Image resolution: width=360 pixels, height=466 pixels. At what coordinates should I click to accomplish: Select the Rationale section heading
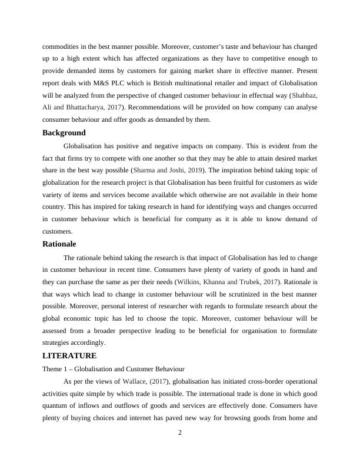[59, 244]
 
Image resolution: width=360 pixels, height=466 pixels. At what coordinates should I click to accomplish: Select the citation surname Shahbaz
[298, 95]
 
